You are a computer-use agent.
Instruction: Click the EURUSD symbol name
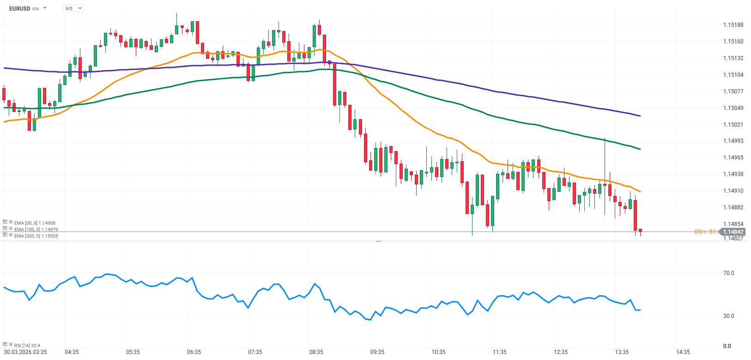(19, 8)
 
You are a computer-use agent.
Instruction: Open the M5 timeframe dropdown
(73, 8)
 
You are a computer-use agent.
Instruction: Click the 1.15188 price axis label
(733, 25)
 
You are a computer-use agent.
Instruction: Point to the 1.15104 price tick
(733, 75)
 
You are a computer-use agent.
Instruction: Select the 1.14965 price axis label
(733, 158)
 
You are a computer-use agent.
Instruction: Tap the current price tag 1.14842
(733, 232)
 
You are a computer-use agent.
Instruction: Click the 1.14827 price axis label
(733, 238)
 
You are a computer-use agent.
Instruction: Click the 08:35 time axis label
(316, 352)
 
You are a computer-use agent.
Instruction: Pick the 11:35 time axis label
(500, 352)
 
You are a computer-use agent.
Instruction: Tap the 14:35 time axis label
(683, 352)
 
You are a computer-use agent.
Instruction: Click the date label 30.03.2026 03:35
(25, 352)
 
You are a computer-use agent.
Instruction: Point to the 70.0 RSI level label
(728, 273)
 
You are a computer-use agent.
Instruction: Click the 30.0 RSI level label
(728, 316)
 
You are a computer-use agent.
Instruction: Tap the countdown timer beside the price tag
(706, 232)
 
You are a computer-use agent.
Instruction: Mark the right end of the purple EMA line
(640, 116)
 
